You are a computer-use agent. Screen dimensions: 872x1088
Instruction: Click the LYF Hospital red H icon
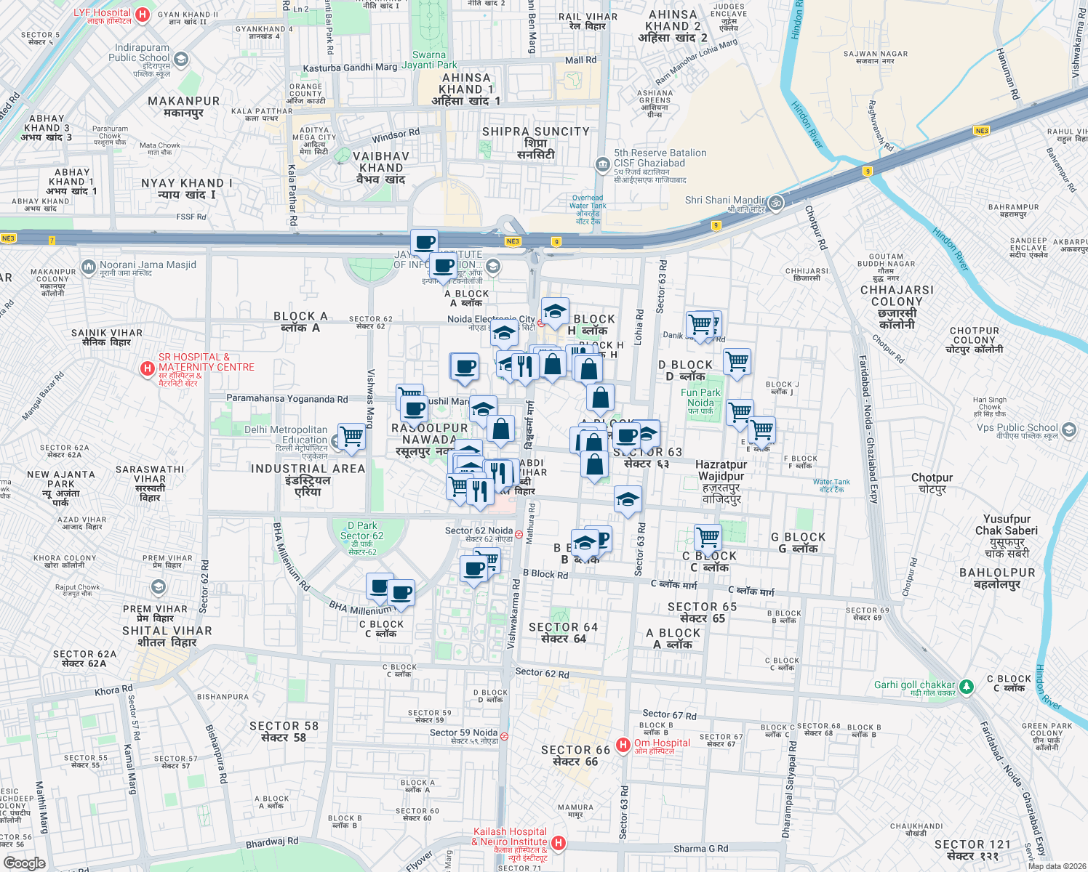point(143,14)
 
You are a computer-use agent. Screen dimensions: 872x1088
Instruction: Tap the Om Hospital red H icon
point(623,745)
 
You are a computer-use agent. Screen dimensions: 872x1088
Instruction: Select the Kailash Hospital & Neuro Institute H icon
point(559,843)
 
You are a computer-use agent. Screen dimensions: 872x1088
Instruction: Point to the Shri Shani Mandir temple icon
point(776,202)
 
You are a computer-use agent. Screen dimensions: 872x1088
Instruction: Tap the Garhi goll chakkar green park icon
point(966,686)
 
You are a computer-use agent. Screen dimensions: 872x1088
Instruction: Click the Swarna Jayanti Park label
point(429,60)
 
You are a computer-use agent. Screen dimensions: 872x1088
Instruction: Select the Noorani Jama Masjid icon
point(89,267)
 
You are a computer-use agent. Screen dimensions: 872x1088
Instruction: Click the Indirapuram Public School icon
point(181,59)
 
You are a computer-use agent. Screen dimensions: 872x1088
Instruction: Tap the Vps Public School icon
point(1068,429)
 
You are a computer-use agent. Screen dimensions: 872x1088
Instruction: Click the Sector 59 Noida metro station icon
point(505,736)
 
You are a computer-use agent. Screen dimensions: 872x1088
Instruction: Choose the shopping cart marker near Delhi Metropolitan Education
point(351,435)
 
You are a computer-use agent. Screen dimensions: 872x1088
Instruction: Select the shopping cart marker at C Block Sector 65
point(708,537)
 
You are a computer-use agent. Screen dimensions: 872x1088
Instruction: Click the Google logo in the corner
point(24,863)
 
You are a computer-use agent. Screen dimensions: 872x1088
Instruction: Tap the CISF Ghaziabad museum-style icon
point(602,164)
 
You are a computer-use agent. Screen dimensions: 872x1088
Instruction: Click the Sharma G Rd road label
point(700,848)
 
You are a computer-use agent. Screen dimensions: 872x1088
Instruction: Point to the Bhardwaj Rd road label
point(271,843)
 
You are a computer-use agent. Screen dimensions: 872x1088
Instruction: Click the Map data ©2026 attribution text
point(1054,865)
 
